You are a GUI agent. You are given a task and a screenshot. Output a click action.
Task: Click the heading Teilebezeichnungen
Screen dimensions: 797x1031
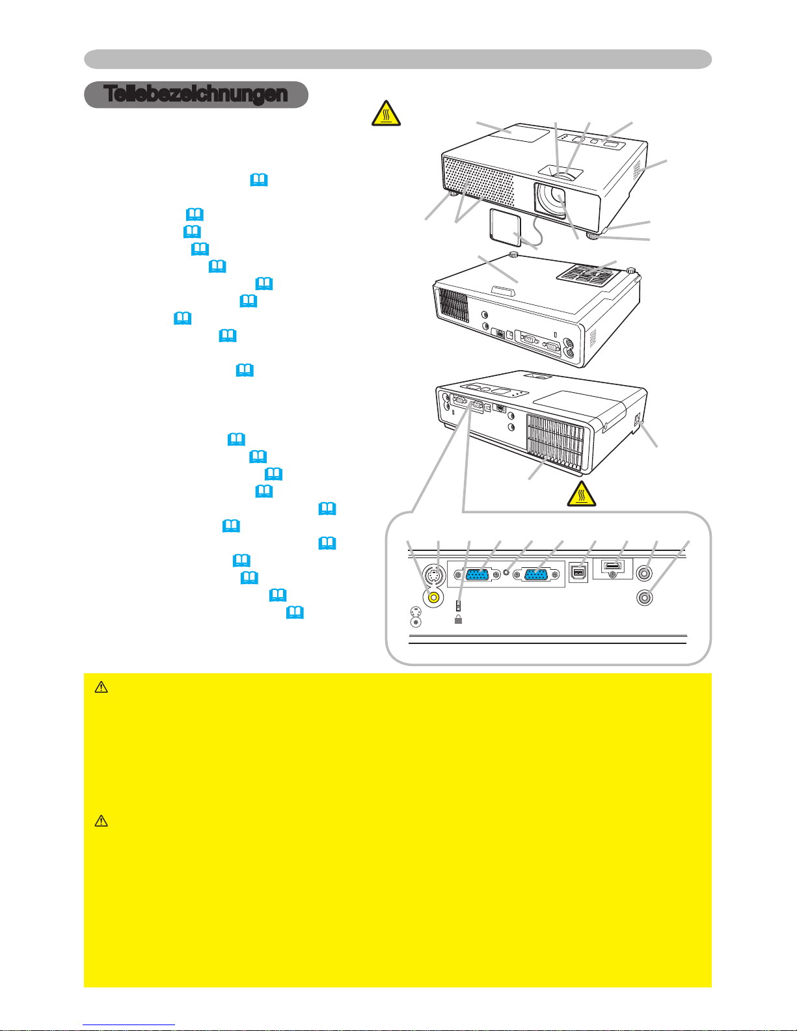pos(195,94)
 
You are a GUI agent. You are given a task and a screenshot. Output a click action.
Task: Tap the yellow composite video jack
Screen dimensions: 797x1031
pos(433,597)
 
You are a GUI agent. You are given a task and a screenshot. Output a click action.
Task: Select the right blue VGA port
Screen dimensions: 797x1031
pos(535,575)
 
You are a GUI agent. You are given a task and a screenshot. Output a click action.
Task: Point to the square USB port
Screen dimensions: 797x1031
pos(578,573)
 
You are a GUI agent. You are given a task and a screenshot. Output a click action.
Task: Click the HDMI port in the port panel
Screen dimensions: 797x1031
pos(612,566)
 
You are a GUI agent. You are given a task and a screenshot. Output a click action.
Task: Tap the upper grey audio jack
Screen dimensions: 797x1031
pos(643,573)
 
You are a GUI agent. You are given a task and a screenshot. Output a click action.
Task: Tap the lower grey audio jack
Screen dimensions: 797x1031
pos(643,598)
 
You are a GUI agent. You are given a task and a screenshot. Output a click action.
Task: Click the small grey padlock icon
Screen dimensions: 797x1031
pos(458,619)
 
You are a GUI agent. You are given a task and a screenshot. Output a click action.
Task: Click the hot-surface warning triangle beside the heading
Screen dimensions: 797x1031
pos(386,113)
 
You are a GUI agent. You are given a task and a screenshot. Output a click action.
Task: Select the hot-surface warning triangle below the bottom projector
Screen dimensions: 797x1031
pos(582,494)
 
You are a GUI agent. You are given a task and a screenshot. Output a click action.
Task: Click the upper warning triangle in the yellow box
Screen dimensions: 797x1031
pos(101,688)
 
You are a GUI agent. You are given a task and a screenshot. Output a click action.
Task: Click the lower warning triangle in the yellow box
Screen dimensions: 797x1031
pos(101,822)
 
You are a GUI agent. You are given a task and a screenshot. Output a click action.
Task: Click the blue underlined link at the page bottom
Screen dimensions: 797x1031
pos(129,1025)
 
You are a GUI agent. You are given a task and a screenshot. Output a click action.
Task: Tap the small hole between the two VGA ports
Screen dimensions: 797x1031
pos(506,572)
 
